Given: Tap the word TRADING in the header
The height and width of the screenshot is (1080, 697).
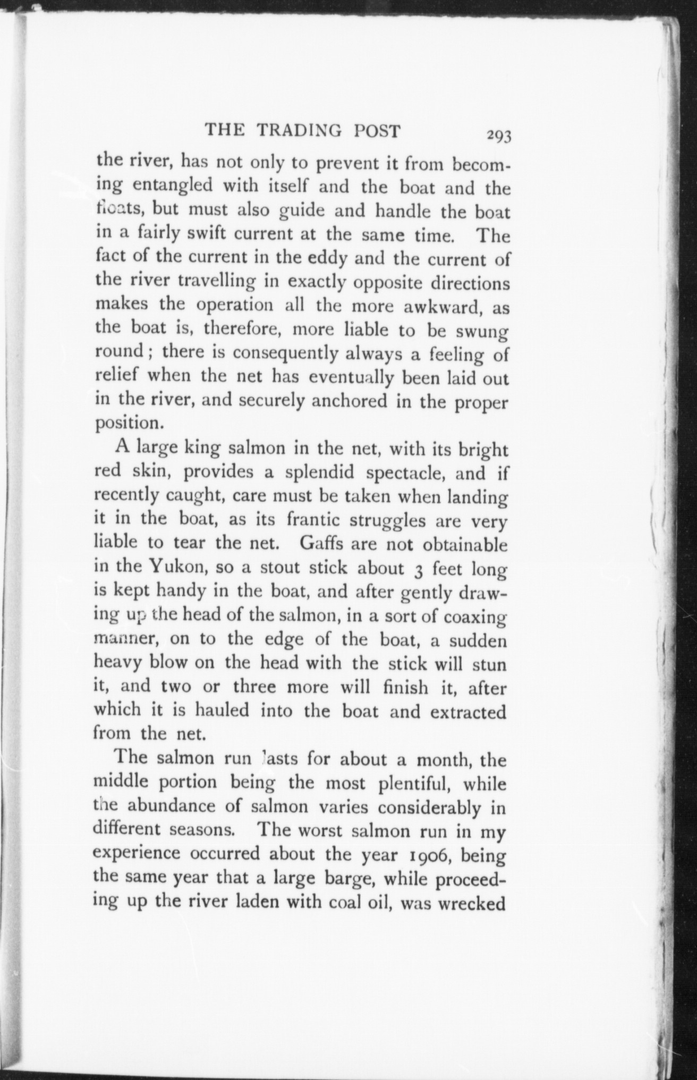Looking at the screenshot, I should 301,130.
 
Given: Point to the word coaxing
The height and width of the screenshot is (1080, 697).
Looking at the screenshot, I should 474,617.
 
